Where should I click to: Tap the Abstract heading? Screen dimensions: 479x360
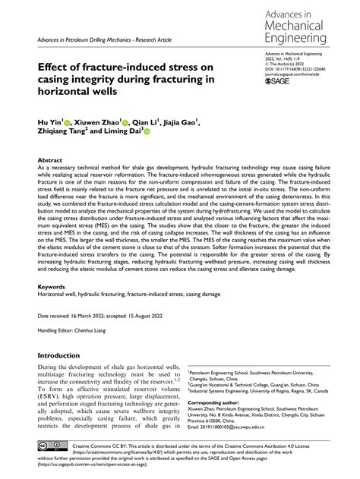(x=50, y=160)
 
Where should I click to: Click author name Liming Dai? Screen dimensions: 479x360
(x=135, y=131)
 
